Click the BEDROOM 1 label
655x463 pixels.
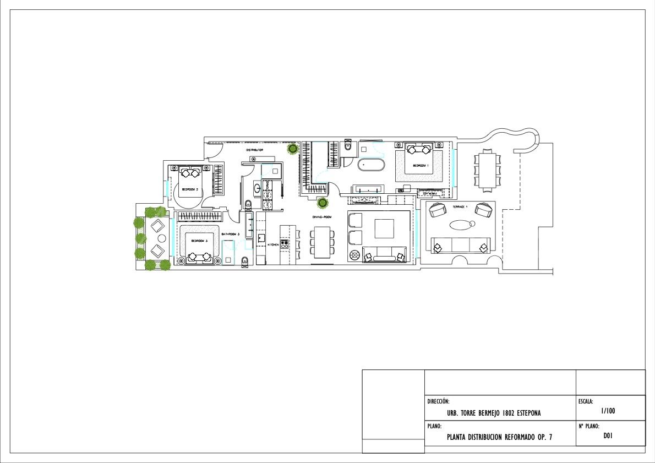pos(420,165)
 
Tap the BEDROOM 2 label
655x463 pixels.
pos(190,189)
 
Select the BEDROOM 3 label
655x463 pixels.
pos(199,241)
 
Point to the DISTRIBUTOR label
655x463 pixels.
pos(254,150)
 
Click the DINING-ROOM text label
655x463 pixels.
pos(321,217)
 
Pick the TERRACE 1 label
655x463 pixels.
pos(460,206)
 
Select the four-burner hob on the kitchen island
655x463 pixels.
pos(285,244)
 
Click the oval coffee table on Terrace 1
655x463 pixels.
pos(461,225)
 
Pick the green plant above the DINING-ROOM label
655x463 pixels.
pos(323,203)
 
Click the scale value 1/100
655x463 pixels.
pos(608,411)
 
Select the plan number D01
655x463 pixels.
pos(608,436)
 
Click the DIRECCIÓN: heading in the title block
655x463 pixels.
pos(439,402)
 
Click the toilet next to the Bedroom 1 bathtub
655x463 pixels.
pos(348,148)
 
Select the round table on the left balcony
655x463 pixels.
pos(162,238)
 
